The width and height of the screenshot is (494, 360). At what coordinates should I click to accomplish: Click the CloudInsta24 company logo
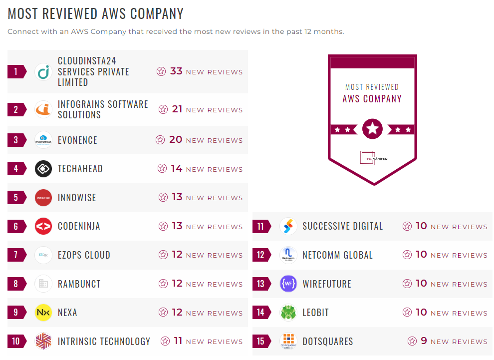coord(43,72)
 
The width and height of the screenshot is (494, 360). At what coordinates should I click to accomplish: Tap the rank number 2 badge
coord(16,109)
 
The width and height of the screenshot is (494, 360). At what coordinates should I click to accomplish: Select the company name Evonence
coord(77,140)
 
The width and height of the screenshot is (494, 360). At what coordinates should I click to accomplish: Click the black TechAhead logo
coord(43,169)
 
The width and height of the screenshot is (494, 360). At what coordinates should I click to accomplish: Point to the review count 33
coord(176,71)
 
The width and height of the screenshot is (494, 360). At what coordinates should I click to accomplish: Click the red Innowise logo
coord(43,198)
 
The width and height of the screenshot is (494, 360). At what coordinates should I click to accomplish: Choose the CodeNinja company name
coord(79,226)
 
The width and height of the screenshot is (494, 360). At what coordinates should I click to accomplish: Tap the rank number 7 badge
coord(16,255)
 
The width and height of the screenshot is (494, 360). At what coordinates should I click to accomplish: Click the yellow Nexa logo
coord(43,313)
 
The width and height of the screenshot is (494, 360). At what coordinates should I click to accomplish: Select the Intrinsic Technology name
coord(104,342)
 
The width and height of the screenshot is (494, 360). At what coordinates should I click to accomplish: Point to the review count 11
coord(178,342)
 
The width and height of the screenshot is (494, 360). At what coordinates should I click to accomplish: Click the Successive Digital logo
coord(288,226)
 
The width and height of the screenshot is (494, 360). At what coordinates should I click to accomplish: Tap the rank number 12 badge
coord(260,255)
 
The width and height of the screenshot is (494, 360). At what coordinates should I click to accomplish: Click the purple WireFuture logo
coord(288,284)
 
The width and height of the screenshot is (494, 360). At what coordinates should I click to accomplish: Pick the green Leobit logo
coord(288,313)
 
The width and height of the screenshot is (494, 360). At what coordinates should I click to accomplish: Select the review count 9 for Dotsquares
coord(424,341)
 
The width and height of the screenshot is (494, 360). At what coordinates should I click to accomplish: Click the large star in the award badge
coord(372,129)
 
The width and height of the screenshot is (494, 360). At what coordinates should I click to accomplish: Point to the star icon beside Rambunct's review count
coord(163,284)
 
